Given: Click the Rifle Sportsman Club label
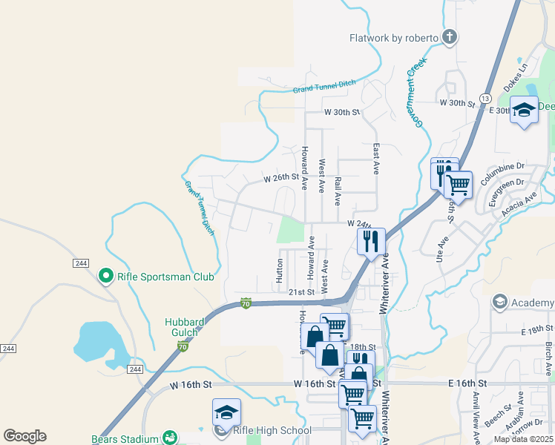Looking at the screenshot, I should click(165, 277).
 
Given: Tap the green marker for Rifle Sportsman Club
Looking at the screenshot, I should click(106, 277).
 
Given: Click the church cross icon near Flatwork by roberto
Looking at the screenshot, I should click(449, 36).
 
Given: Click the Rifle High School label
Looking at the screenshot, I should click(272, 430).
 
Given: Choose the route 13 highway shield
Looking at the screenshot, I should click(485, 99).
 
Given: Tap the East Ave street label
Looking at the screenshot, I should click(376, 159).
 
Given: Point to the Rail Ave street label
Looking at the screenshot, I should click(338, 191).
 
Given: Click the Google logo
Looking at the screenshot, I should click(24, 436).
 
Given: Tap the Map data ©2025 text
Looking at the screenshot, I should click(523, 439).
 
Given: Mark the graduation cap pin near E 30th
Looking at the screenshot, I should click(524, 111).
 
